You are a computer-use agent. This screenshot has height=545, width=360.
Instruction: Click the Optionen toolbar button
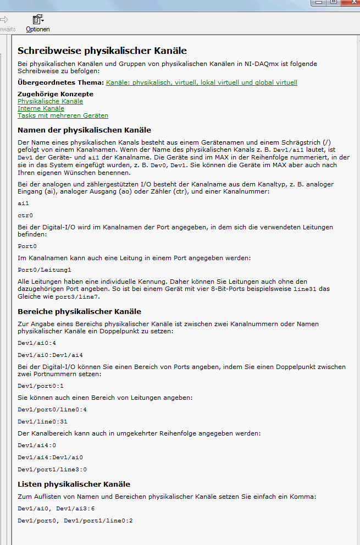37,24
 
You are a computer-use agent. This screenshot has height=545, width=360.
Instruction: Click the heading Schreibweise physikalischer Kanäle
102,51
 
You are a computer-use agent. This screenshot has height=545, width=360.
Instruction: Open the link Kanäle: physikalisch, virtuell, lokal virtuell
201,82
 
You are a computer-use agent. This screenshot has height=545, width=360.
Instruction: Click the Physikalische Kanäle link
50,101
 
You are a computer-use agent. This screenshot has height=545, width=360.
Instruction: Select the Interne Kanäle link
41,108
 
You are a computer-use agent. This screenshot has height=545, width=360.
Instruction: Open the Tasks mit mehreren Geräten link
63,115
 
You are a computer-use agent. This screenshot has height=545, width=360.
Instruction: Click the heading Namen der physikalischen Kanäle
84,130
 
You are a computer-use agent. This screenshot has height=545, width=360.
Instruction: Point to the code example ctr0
25,216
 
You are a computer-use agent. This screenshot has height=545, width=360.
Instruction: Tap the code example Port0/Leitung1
45,270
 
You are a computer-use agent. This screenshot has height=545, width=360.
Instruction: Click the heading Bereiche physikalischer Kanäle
79,311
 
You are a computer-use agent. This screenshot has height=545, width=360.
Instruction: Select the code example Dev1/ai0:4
37,343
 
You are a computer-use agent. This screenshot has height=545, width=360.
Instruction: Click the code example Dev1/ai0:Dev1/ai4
50,355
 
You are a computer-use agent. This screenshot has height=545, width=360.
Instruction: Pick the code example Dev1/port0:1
41,386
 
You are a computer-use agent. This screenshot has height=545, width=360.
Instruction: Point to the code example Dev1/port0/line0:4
52,409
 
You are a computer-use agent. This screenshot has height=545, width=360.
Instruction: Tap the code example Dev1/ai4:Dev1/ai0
50,457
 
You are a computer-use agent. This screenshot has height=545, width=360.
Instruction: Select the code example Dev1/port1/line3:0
52,469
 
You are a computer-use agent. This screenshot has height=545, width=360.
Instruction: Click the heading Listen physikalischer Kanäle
74,485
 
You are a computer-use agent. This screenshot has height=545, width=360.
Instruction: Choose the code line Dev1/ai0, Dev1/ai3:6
56,509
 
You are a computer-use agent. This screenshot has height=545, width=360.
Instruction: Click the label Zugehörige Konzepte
56,94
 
